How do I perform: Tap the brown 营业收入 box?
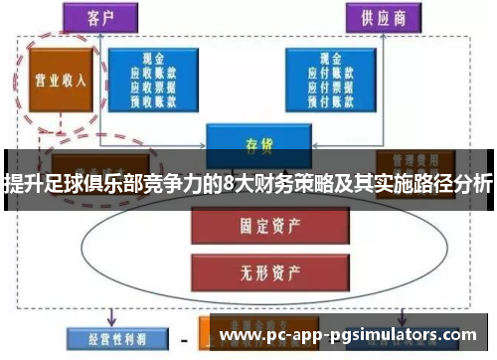point(62,80)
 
